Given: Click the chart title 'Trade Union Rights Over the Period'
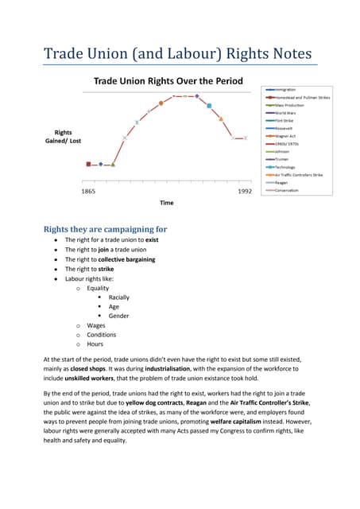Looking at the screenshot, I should coord(168,81).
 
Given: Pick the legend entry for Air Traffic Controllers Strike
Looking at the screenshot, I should coord(298,175).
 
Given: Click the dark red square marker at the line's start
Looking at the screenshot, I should coord(89,165).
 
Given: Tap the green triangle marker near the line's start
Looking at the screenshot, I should coord(113,165).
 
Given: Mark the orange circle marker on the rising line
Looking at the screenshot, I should coord(161,103).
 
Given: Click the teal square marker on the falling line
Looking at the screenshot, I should coord(209,105).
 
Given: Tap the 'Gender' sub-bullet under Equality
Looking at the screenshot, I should coord(118,316).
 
